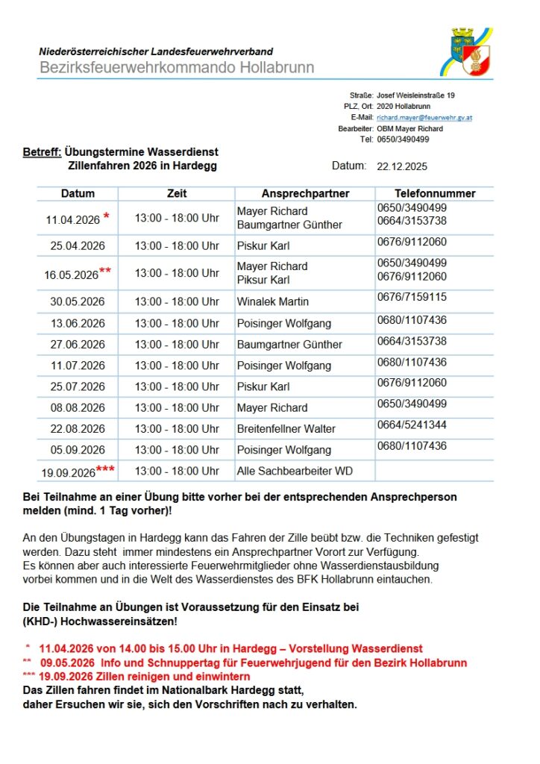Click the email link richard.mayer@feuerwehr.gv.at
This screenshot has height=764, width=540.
pos(424,118)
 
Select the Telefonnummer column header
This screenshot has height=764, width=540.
pos(435,193)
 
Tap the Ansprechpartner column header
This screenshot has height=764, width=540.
pos(305,193)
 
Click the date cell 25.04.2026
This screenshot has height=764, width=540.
pos(78,245)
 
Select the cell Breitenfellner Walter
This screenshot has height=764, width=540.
pos(286,429)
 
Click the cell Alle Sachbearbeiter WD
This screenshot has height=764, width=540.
pos(295,471)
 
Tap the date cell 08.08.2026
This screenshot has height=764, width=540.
pos(78,408)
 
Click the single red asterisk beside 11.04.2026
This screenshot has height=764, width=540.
pos(107,217)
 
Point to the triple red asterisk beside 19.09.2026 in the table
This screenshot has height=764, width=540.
pos(106,469)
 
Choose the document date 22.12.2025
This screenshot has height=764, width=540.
pos(403,166)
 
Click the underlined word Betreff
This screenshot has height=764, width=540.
pos(42,153)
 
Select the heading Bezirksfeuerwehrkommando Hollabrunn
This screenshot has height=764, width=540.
pos(177,68)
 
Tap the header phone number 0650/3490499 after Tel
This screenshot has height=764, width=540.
pos(403,140)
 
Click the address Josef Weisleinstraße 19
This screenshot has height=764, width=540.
pos(415,96)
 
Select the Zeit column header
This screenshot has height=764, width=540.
pos(177,193)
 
